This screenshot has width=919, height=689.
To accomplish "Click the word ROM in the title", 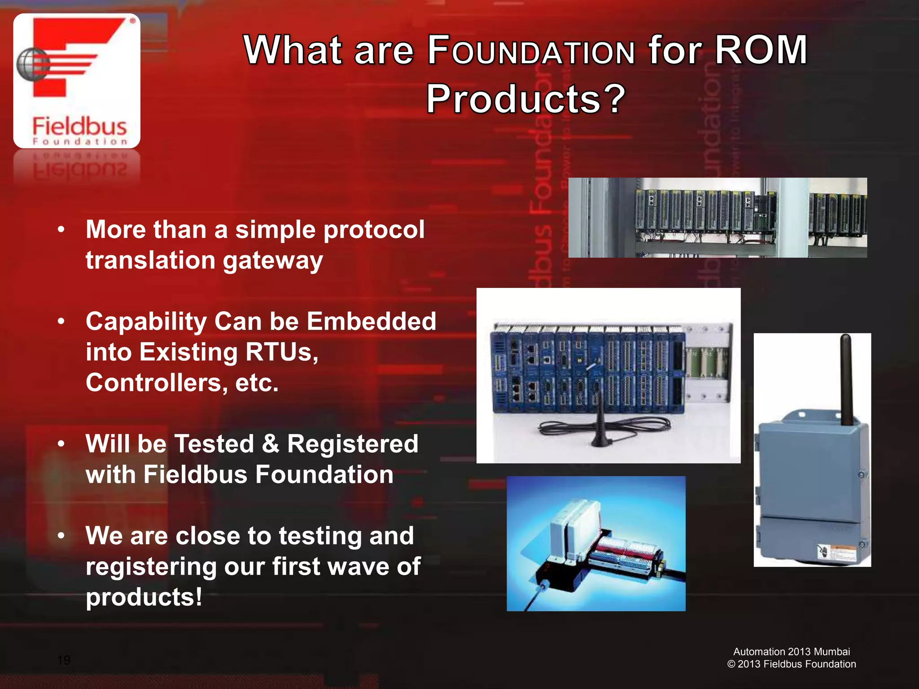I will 761,50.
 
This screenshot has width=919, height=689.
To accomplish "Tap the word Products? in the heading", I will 525,99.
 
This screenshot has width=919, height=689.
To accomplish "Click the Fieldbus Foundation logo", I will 77,81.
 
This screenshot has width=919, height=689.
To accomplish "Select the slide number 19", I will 64,660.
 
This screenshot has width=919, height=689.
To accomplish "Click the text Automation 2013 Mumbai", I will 792,651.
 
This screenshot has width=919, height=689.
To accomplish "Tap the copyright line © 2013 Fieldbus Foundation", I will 792,664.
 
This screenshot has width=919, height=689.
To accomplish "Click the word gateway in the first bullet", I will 273,261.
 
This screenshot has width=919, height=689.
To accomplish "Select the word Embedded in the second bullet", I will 371,321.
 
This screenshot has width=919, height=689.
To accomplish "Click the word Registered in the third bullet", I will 352,444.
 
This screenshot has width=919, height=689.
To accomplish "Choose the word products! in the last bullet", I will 144,597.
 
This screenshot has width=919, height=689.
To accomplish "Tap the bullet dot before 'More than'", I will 61,230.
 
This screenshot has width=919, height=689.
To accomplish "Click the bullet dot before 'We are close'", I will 61,536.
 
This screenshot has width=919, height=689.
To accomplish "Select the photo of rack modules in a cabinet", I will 717,218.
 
